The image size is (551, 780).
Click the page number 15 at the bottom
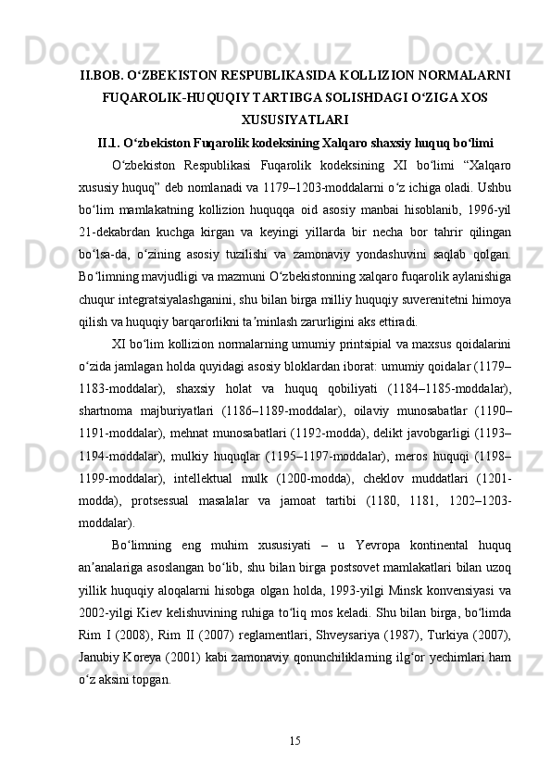(x=294, y=739)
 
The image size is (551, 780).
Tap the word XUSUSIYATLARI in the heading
(x=294, y=119)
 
